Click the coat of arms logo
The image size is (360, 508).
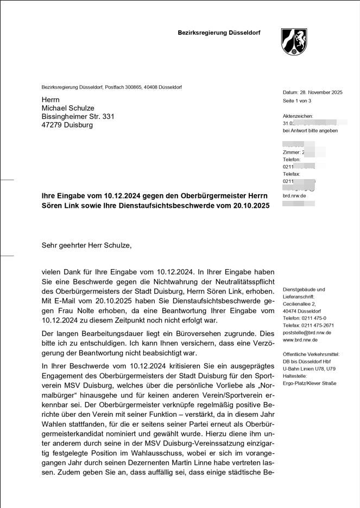tap(294, 42)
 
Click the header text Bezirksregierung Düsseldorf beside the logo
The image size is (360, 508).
tap(219, 33)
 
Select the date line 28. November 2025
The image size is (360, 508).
tap(312, 92)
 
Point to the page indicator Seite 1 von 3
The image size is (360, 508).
tap(297, 101)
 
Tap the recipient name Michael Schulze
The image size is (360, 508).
tap(68, 109)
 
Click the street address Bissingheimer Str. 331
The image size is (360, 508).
tap(78, 117)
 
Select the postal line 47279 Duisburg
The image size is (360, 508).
tap(67, 125)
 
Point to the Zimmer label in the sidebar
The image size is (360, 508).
tap(292, 153)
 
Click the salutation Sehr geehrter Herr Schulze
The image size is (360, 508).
tap(86, 245)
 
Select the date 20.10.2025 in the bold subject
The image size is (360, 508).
tap(251, 206)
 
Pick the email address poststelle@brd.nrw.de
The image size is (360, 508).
tap(307, 333)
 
